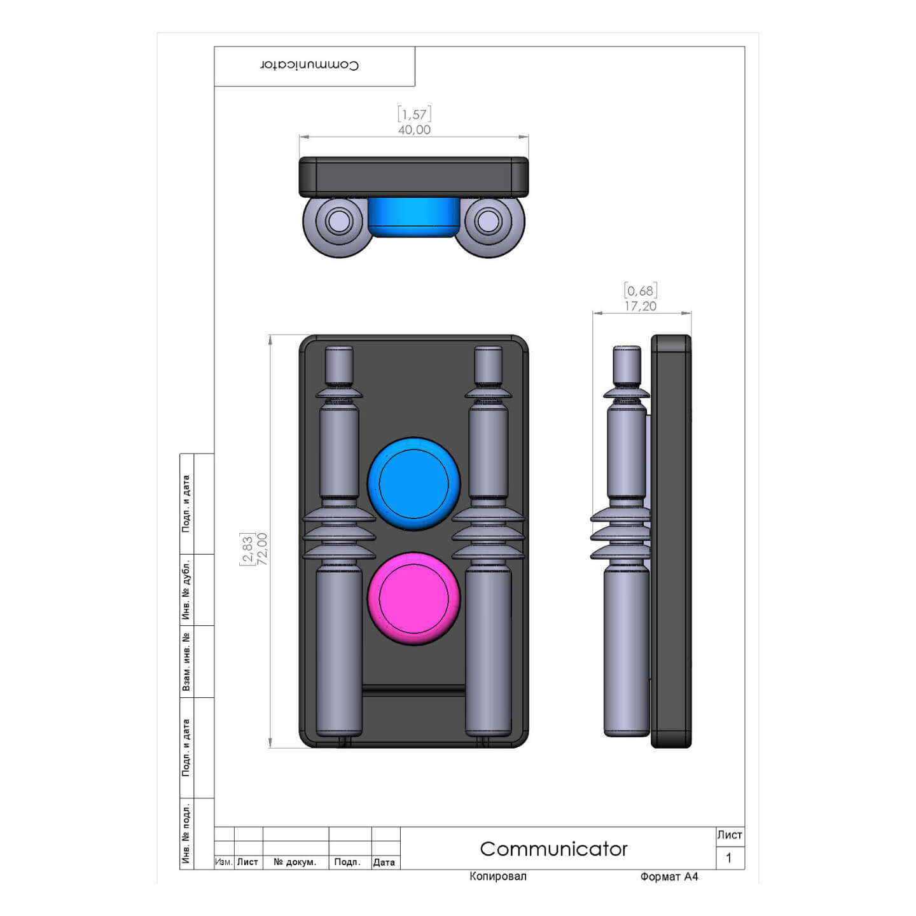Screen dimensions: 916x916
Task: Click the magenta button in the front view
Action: click(413, 599)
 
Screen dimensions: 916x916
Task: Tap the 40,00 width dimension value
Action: click(414, 130)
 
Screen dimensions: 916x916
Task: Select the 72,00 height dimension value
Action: click(262, 548)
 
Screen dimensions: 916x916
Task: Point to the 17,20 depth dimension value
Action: click(640, 306)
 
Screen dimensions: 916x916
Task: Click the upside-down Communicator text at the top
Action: click(310, 65)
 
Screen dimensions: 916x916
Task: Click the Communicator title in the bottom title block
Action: click(553, 849)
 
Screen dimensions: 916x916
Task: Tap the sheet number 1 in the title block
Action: click(729, 858)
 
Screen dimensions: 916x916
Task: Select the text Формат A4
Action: click(669, 877)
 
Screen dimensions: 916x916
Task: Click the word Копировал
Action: click(497, 877)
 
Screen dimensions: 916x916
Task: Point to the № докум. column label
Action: click(295, 862)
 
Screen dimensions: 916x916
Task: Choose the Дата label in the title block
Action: click(384, 862)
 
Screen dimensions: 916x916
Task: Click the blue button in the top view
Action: click(413, 216)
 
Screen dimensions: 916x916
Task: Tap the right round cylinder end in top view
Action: click(488, 221)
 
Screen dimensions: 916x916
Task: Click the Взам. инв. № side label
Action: click(186, 662)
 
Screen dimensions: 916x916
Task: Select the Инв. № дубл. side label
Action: click(186, 590)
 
